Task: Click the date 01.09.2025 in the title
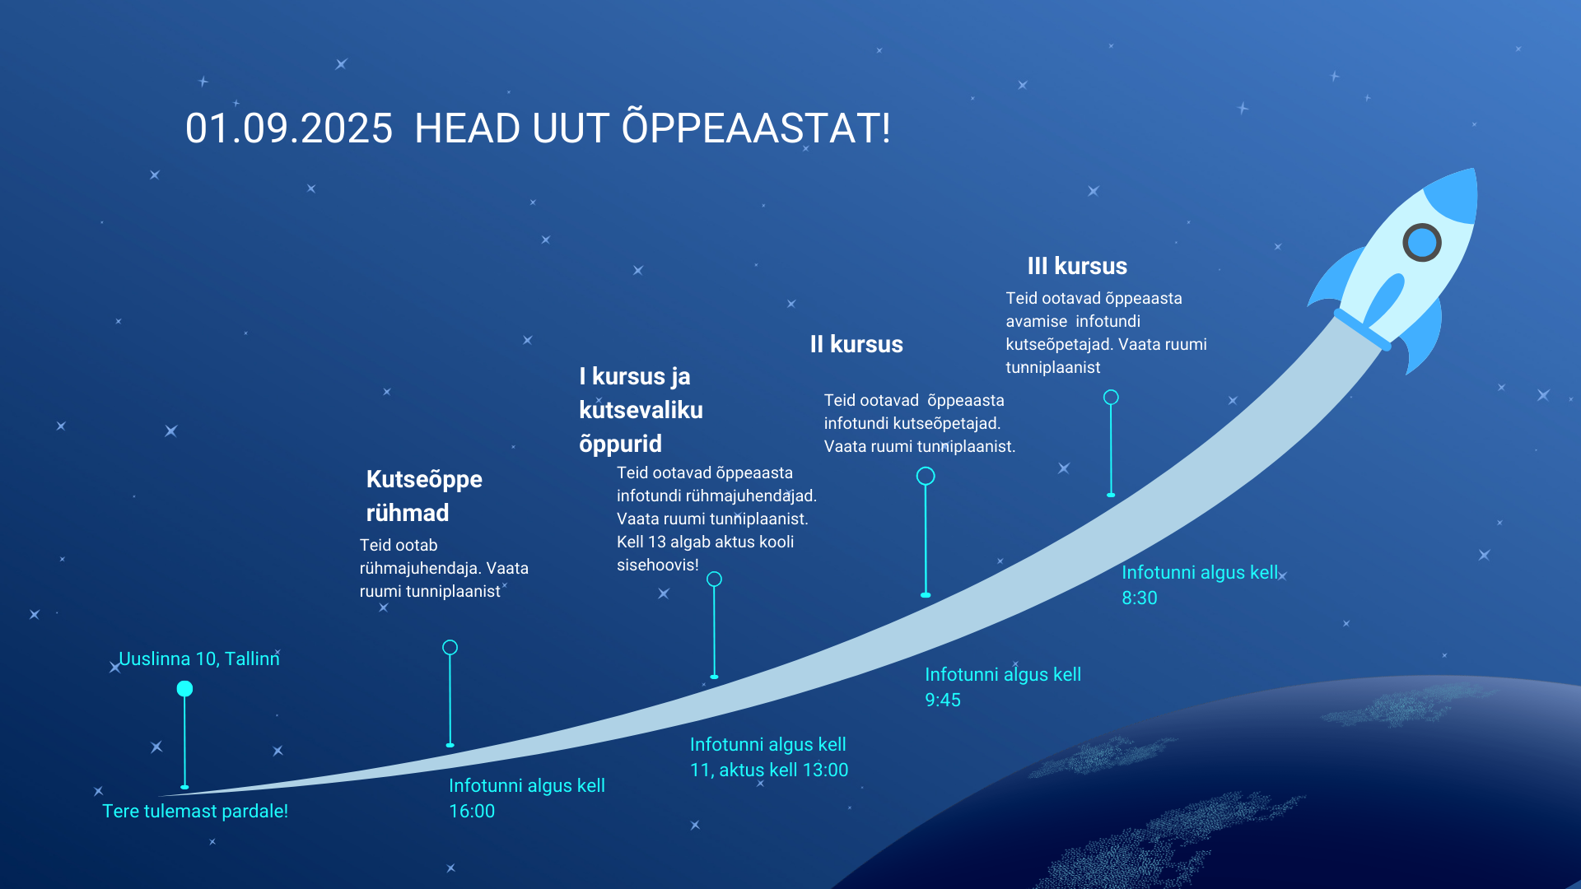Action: click(x=289, y=129)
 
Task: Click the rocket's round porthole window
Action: click(x=1421, y=243)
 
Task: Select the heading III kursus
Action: click(x=1077, y=266)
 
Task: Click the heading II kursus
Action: click(x=856, y=344)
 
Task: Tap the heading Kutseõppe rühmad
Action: click(x=424, y=496)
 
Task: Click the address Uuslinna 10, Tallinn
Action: click(x=199, y=659)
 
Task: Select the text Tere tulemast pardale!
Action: click(x=195, y=811)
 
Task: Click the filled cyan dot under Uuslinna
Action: click(x=184, y=689)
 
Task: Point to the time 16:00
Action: click(x=472, y=811)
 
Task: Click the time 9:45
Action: click(x=943, y=700)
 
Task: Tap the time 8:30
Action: click(x=1140, y=598)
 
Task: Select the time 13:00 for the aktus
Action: click(x=825, y=770)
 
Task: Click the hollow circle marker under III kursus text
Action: click(x=1111, y=398)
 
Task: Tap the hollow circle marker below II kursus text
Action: click(x=926, y=476)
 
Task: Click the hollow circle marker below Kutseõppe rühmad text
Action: click(x=450, y=648)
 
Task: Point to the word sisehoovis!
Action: click(x=658, y=565)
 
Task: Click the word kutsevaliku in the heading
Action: click(x=641, y=410)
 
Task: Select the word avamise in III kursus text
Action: click(x=1036, y=321)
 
